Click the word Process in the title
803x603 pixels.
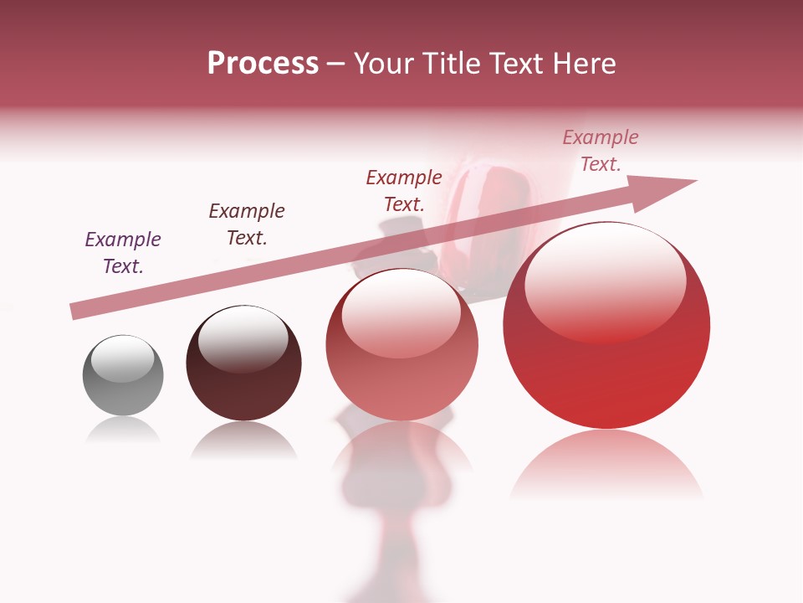(x=263, y=64)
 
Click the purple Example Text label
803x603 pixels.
(x=123, y=253)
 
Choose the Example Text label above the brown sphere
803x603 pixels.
(x=247, y=224)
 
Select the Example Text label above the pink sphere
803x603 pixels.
(x=404, y=190)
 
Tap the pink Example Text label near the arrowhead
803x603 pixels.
(x=601, y=151)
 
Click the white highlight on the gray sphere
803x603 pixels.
(x=122, y=359)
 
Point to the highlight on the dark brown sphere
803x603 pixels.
(x=243, y=337)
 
